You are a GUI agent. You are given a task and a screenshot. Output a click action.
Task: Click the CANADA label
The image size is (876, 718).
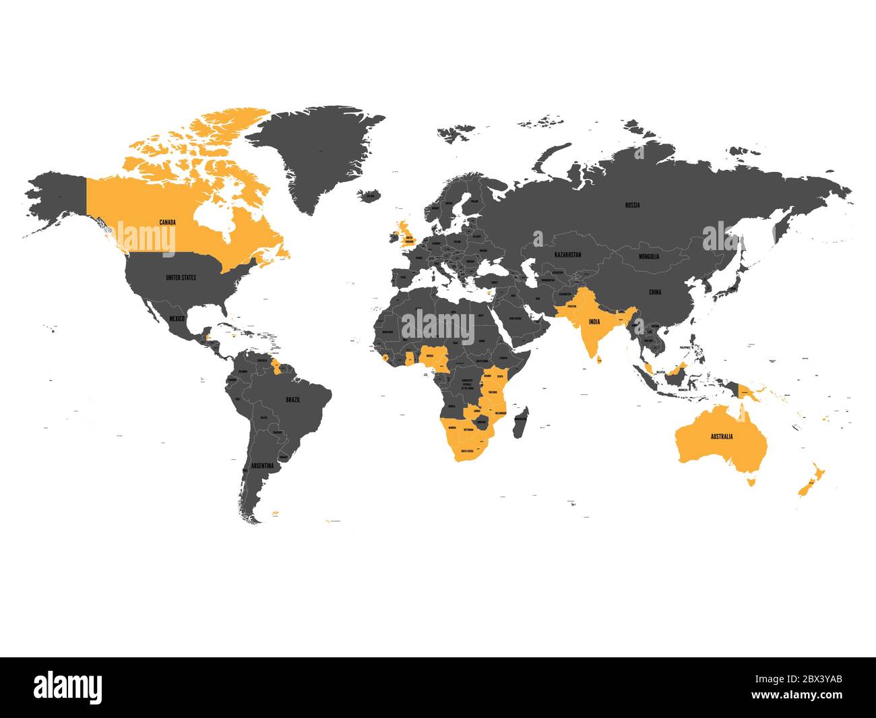[x=167, y=222]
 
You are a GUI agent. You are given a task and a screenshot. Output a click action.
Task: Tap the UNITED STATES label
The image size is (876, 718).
[x=181, y=277]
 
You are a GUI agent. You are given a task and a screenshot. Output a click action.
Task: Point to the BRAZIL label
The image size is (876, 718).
[x=293, y=400]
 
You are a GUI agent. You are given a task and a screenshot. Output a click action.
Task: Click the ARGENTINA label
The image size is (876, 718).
[x=263, y=466]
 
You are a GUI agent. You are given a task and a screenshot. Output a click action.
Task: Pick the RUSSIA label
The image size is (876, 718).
[x=632, y=205]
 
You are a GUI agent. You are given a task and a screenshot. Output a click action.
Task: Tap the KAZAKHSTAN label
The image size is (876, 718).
[x=568, y=255]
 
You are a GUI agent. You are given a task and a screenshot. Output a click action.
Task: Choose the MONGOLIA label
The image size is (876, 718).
[x=650, y=257]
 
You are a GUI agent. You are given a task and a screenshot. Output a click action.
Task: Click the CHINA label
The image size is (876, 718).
[x=655, y=293]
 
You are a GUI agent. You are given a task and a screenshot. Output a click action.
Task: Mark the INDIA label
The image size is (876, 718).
[x=594, y=322]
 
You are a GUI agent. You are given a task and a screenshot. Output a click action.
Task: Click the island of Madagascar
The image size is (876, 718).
[x=521, y=422]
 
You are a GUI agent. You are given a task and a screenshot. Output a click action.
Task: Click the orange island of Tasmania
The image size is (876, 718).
[x=751, y=481]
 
